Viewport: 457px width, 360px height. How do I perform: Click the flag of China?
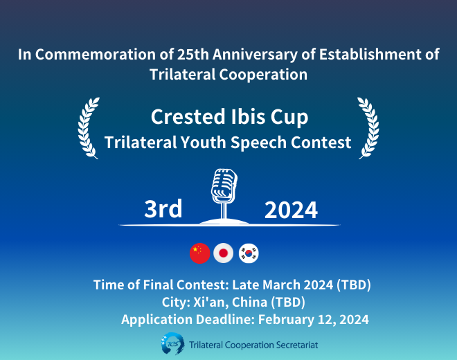(200, 253)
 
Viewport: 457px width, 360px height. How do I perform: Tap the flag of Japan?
(223, 253)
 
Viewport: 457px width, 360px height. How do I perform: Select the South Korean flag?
(249, 253)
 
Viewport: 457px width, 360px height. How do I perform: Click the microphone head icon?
(224, 186)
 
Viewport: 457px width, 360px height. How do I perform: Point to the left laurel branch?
(88, 128)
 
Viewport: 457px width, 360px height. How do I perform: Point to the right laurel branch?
(369, 128)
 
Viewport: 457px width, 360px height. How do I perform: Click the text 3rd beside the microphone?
(163, 208)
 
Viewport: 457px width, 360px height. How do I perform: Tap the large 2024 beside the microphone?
(291, 210)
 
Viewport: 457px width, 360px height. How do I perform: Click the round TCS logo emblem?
(173, 344)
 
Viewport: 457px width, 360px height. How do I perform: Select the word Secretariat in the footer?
(297, 345)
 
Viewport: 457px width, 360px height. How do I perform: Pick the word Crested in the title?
(188, 116)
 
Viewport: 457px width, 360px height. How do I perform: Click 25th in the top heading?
(192, 54)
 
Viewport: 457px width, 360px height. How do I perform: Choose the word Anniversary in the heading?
(255, 55)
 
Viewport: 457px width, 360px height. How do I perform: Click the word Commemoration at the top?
(96, 54)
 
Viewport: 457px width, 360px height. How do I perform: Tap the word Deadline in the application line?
(224, 319)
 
